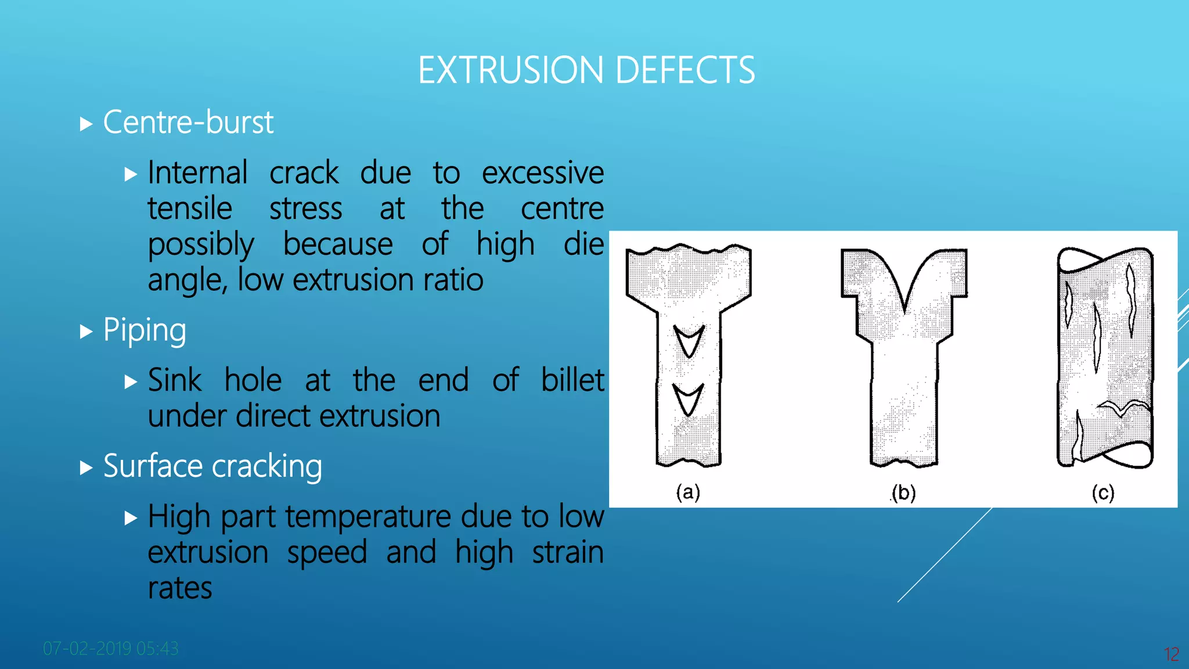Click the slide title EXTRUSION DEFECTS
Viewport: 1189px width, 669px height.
click(x=586, y=70)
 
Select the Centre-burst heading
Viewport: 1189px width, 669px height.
click(x=188, y=123)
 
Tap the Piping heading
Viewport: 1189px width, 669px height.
click(x=145, y=330)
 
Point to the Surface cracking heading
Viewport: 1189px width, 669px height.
click(x=212, y=466)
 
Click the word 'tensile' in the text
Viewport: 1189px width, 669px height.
click(x=190, y=208)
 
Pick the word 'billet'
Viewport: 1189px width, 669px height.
click(x=572, y=380)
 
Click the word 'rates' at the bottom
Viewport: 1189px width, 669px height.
click(x=180, y=588)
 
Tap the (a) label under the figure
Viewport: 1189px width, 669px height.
click(x=688, y=492)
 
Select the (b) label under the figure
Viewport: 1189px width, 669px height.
click(x=904, y=493)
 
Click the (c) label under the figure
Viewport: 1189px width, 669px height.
click(x=1103, y=493)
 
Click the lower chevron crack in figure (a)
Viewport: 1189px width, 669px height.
click(x=689, y=398)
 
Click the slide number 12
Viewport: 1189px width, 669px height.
click(x=1172, y=654)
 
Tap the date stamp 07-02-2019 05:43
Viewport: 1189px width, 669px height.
click(x=111, y=648)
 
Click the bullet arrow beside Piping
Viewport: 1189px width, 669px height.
click(x=86, y=332)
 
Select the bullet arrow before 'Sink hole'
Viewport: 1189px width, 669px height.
click(x=131, y=382)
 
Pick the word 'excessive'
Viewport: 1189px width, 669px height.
click(x=543, y=173)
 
